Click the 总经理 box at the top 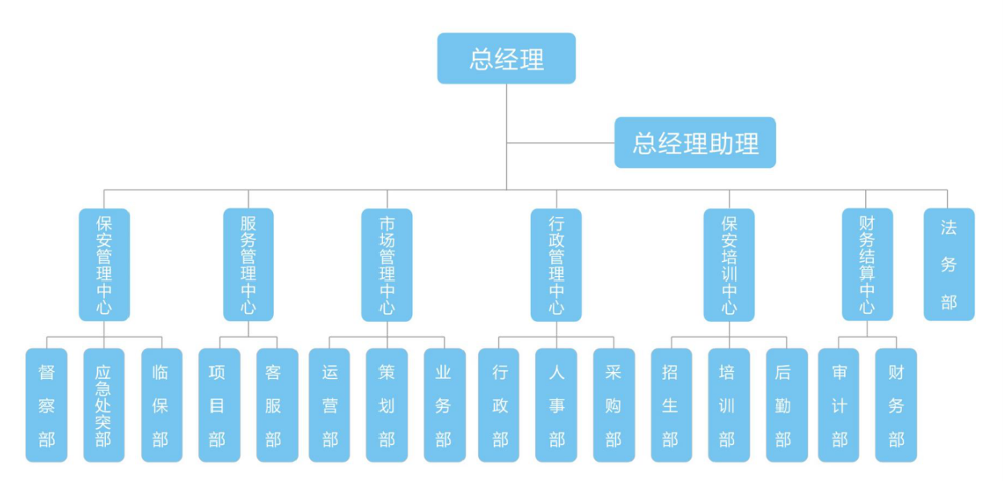pyautogui.click(x=506, y=59)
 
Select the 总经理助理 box pyautogui.click(x=695, y=143)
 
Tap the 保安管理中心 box pyautogui.click(x=104, y=264)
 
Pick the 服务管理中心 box pyautogui.click(x=248, y=264)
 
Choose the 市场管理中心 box pyautogui.click(x=387, y=264)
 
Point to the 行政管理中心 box pyautogui.click(x=556, y=264)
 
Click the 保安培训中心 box pyautogui.click(x=729, y=264)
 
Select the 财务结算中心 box pyautogui.click(x=867, y=264)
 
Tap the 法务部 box pyautogui.click(x=949, y=264)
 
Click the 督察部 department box pyautogui.click(x=47, y=405)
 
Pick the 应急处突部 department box pyautogui.click(x=104, y=405)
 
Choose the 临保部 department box pyautogui.click(x=161, y=405)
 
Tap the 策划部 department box pyautogui.click(x=386, y=405)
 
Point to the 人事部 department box pyautogui.click(x=556, y=405)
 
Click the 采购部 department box pyautogui.click(x=614, y=405)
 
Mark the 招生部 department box pyautogui.click(x=671, y=405)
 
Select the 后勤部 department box pyautogui.click(x=786, y=405)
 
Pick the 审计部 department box pyautogui.click(x=839, y=405)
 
